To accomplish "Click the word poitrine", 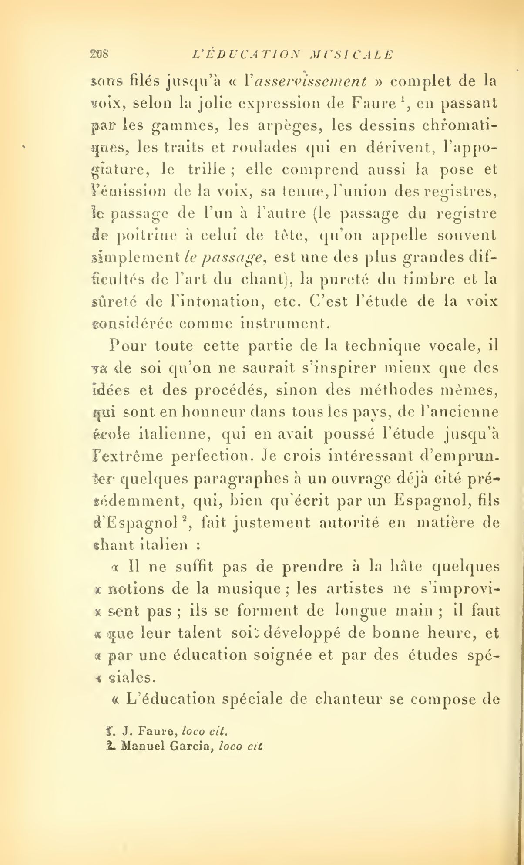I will (x=147, y=236).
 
